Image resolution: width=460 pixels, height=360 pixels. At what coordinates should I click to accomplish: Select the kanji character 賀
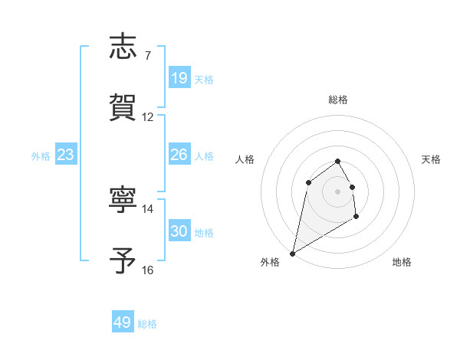[x=124, y=107]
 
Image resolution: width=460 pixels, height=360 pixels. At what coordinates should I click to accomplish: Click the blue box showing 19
[x=179, y=77]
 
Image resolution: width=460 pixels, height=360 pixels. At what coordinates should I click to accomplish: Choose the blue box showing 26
[x=179, y=155]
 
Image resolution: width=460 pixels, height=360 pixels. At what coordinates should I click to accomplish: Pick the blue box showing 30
[x=179, y=231]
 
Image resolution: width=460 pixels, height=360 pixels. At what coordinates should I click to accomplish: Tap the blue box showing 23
[x=66, y=155]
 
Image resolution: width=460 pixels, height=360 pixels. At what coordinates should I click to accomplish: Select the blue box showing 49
[x=123, y=322]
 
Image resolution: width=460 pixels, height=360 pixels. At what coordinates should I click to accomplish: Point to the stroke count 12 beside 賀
[x=148, y=117]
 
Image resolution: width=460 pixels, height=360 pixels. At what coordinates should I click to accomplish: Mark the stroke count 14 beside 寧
[x=148, y=208]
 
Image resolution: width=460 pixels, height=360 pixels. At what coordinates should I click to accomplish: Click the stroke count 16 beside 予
[x=148, y=270]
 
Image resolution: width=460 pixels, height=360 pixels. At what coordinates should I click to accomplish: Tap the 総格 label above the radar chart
[x=338, y=100]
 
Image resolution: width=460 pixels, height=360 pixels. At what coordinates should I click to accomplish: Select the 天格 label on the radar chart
[x=432, y=159]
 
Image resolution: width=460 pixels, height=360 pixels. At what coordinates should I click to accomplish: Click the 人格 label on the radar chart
[x=245, y=159]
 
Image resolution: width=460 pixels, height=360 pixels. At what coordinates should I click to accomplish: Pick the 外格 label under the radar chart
[x=270, y=262]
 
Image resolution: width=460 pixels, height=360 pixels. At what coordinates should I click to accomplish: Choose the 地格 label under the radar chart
[x=402, y=262]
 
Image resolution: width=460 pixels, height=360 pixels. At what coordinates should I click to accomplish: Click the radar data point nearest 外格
[x=292, y=253]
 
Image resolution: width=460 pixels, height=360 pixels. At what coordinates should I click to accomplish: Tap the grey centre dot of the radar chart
[x=338, y=191]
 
